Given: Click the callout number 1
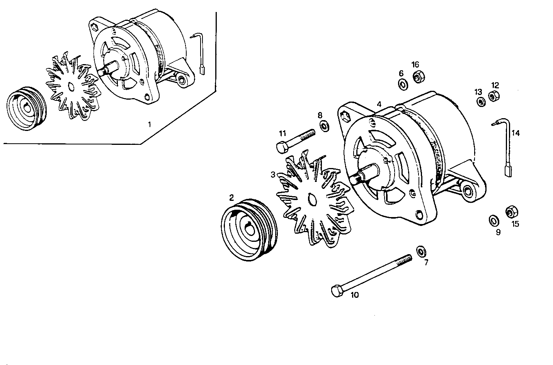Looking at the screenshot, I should [x=149, y=124].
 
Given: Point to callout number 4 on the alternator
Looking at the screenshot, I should [x=379, y=104].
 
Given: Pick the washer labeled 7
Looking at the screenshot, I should [x=421, y=251].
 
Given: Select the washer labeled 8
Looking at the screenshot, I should [x=324, y=125].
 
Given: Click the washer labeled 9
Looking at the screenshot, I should [x=493, y=221].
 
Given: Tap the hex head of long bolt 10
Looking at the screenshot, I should [x=337, y=291].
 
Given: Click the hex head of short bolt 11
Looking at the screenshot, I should [x=282, y=147].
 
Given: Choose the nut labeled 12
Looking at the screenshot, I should [x=493, y=96].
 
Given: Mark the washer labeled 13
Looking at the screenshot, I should [x=481, y=102].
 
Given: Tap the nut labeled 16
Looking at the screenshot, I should [x=417, y=76].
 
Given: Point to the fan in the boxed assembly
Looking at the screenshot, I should [x=72, y=87].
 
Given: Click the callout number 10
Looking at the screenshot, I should [x=354, y=295].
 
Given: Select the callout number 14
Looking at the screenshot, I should [x=516, y=133].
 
